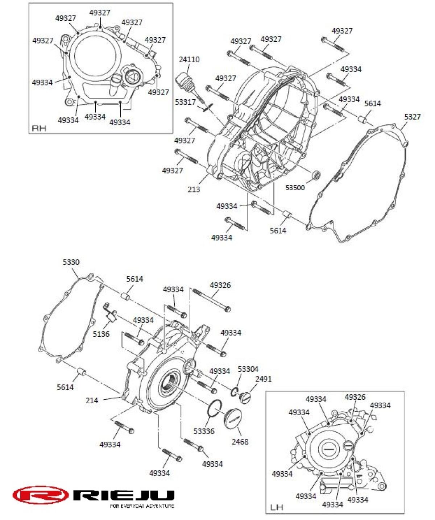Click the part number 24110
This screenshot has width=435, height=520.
tap(189, 59)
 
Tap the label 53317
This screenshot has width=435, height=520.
tap(185, 102)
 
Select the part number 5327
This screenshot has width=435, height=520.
tap(412, 117)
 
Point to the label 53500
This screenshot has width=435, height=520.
tap(295, 188)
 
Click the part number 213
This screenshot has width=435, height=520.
tap(194, 189)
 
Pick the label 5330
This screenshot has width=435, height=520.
tap(71, 262)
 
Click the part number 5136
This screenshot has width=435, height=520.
tap(101, 334)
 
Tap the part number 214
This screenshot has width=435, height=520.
tap(92, 400)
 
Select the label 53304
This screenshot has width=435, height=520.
tap(248, 369)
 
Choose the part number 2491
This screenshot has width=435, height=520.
tap(263, 379)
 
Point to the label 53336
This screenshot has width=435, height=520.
tap(204, 431)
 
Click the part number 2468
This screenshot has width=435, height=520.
tap(240, 441)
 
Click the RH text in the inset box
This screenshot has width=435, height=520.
tap(39, 128)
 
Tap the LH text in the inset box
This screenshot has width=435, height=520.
tap(277, 507)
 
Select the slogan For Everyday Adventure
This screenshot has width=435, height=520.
tap(142, 506)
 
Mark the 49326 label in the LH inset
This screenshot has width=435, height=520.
tap(355, 397)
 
